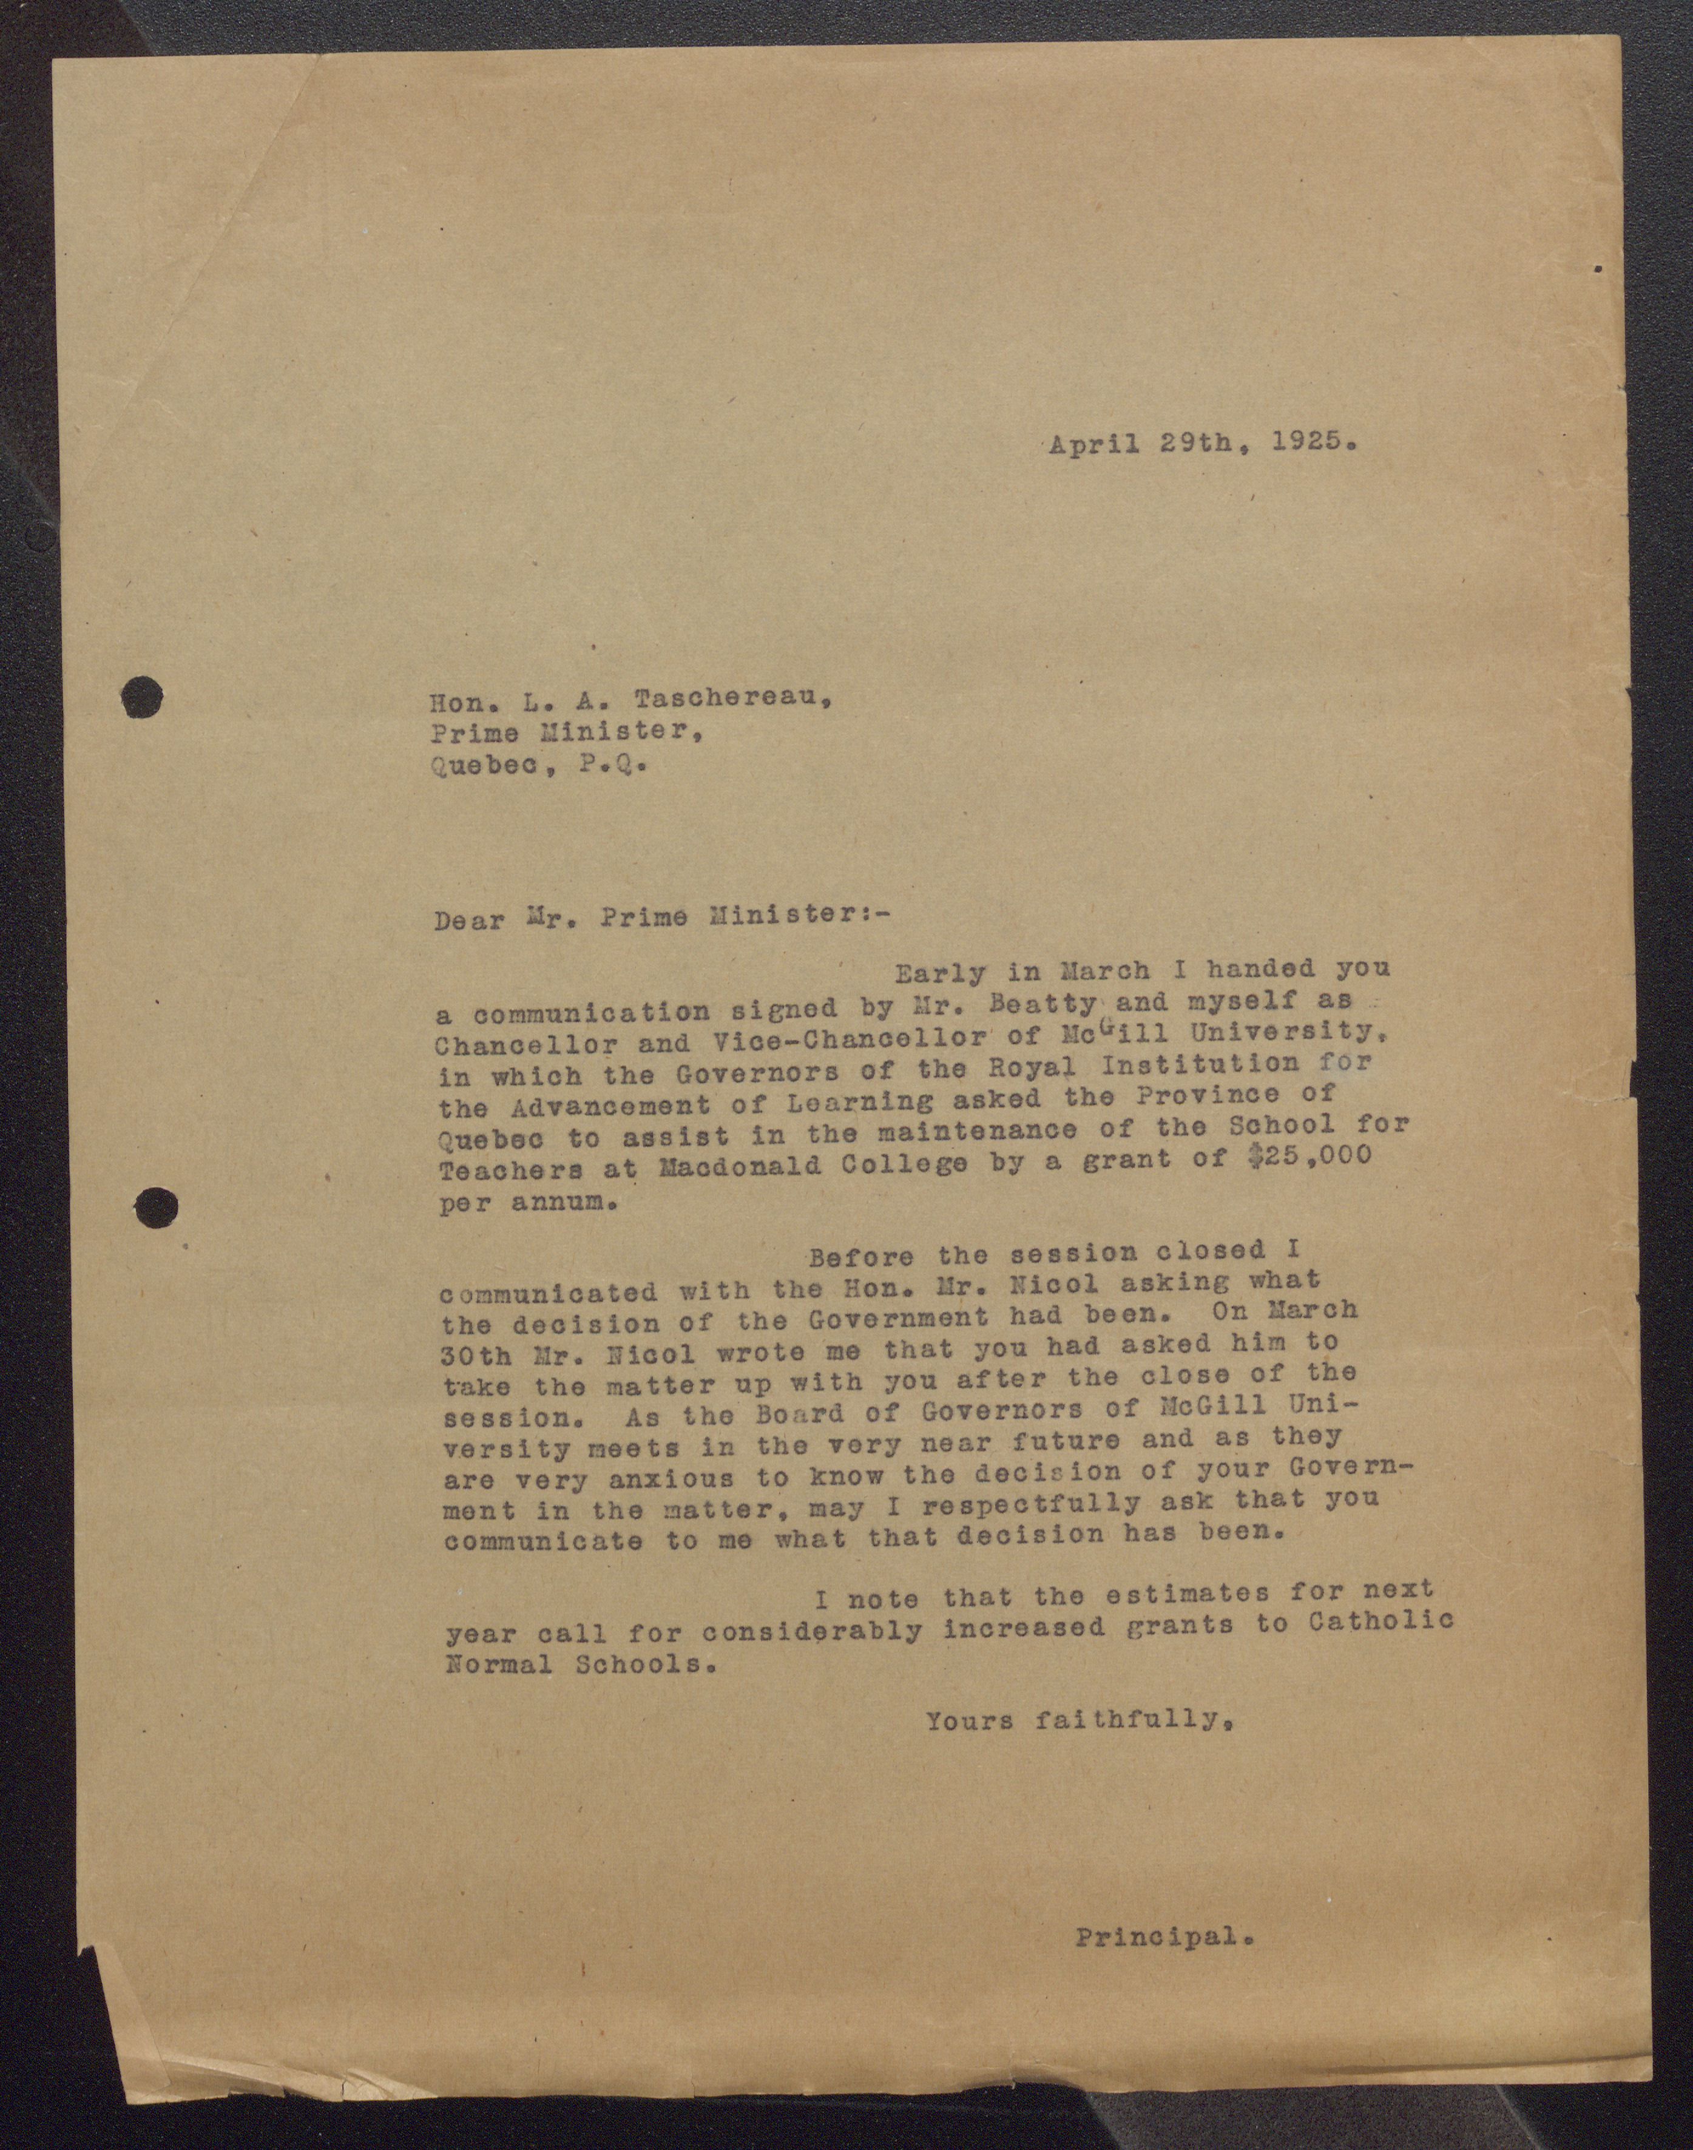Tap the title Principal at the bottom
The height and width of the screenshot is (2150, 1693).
coord(1164,1935)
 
